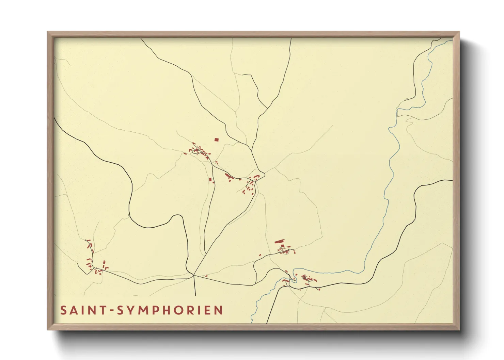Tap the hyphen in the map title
coord(113,311)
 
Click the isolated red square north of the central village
coord(216,139)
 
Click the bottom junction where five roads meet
coord(194,275)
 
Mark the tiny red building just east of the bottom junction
coord(206,276)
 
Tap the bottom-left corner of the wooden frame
coord(48,329)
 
